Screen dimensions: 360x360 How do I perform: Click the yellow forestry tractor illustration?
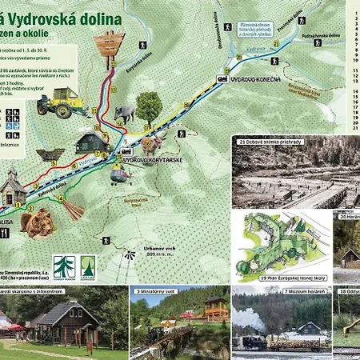59,102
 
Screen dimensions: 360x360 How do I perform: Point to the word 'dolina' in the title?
95,18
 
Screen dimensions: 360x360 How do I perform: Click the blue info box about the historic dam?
250,30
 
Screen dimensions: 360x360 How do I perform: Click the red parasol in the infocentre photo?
16,327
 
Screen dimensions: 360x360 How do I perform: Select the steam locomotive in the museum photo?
253,342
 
